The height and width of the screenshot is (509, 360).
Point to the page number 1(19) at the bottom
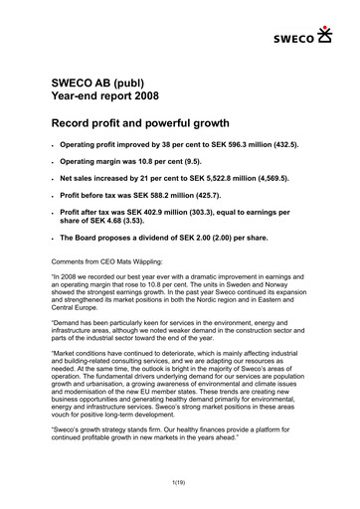(179, 482)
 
